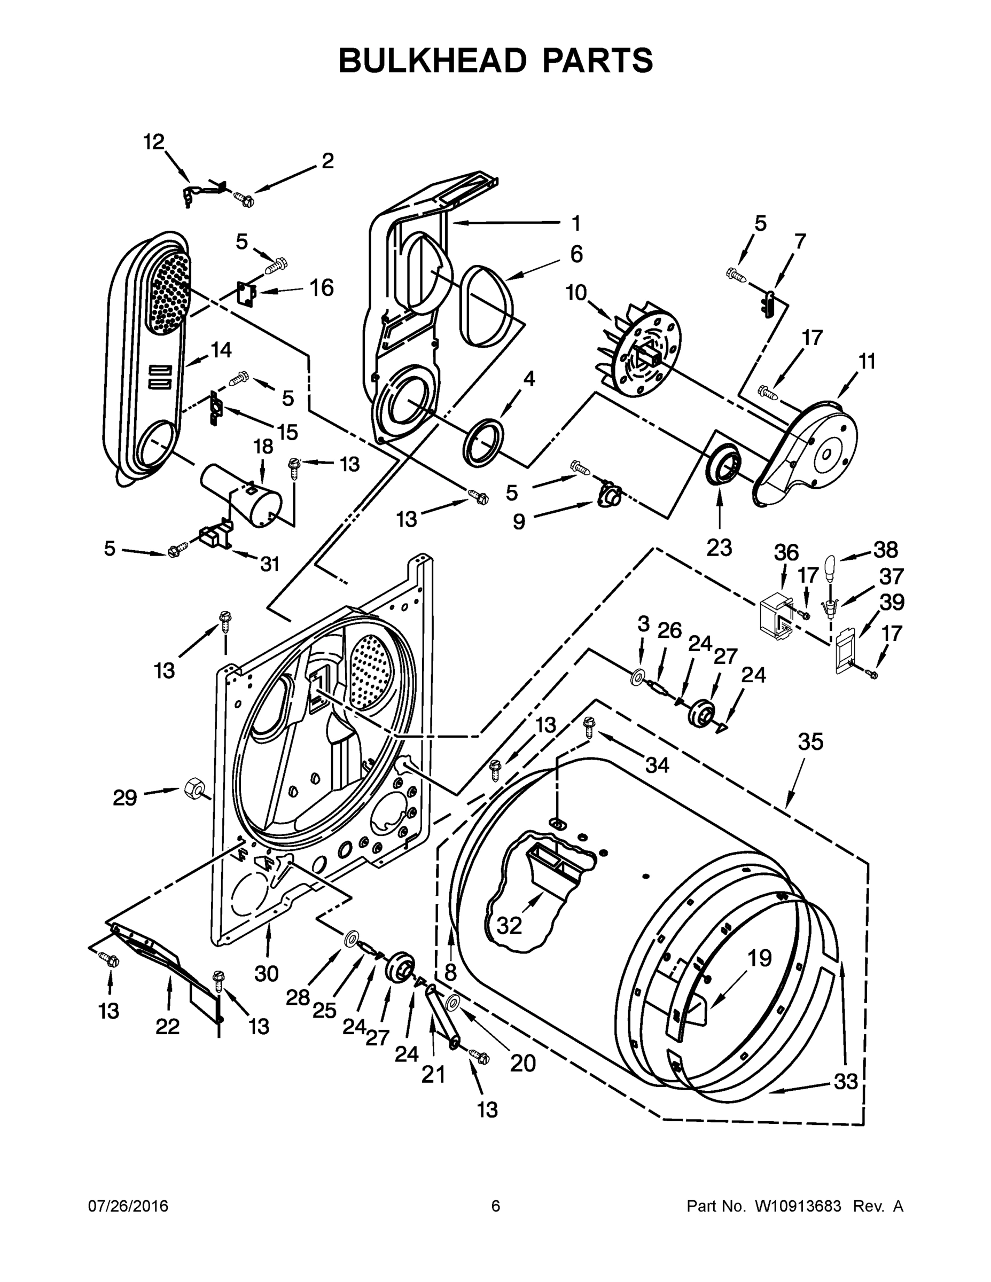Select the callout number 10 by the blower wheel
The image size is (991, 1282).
pos(576,292)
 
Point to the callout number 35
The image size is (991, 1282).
pos(810,742)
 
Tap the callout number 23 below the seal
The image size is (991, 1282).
pos(719,547)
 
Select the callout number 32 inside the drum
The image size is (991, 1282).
pos(509,926)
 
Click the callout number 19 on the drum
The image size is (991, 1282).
pos(759,959)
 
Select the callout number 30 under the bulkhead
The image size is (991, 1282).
pos(266,974)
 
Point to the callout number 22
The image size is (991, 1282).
pos(167,1027)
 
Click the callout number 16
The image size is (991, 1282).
pos(321,287)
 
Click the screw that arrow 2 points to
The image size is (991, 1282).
pos(243,198)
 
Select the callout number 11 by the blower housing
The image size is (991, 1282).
pos(867,361)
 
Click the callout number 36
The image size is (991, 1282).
pos(785,552)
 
